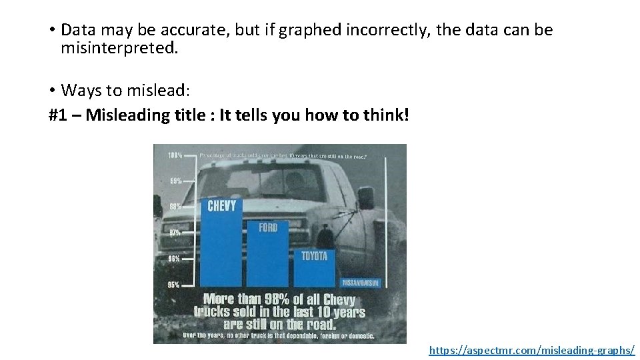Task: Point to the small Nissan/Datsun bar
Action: click(x=361, y=283)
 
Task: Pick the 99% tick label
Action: click(x=175, y=181)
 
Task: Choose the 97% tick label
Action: click(x=175, y=233)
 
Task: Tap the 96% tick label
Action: click(x=175, y=259)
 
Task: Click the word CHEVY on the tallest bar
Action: click(x=221, y=205)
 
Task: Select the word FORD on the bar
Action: click(x=269, y=228)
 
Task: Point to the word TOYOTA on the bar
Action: click(x=314, y=256)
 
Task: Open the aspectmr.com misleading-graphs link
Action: click(x=531, y=349)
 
